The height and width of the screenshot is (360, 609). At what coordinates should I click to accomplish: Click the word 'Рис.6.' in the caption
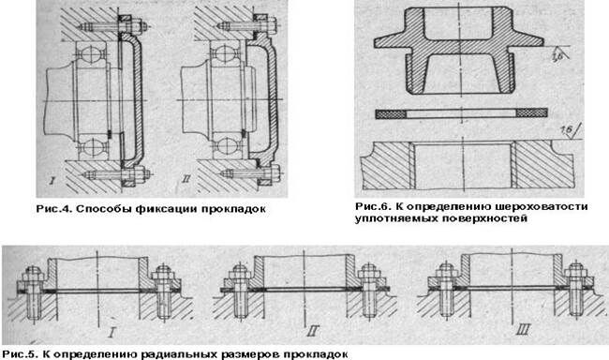point(374,204)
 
